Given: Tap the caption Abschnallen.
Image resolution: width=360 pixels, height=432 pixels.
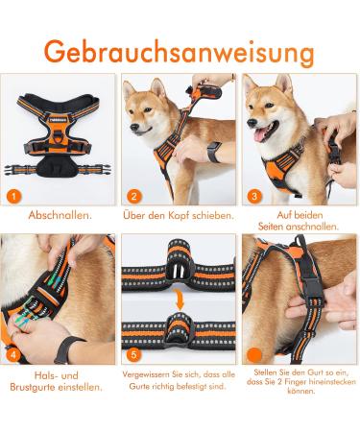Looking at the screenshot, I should point(60,216).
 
